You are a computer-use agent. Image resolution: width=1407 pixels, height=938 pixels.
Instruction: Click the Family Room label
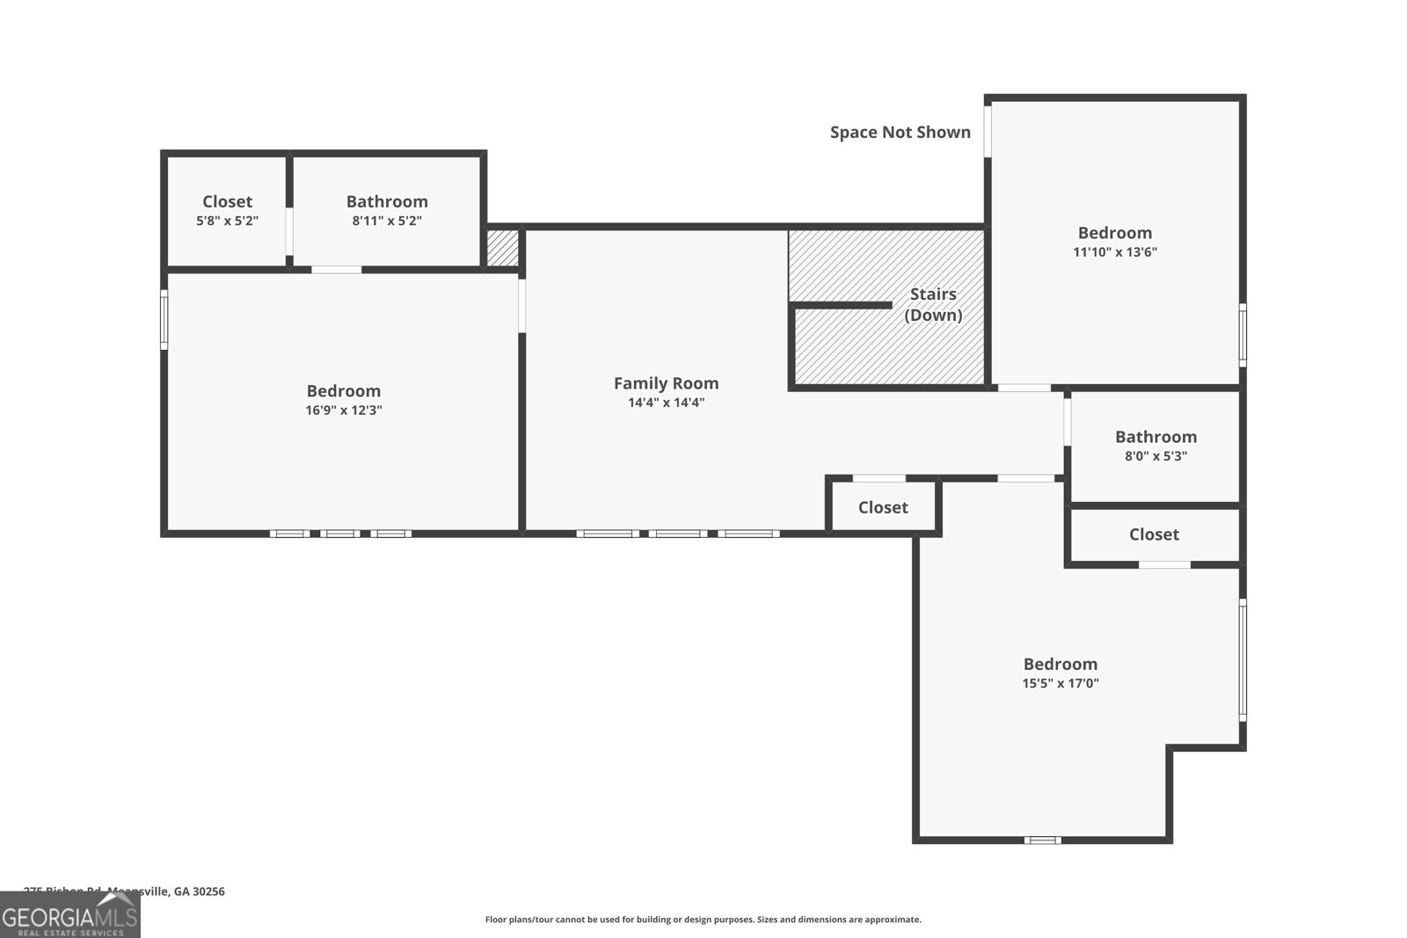666,383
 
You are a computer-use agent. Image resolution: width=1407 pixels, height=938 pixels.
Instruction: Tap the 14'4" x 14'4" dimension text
666,403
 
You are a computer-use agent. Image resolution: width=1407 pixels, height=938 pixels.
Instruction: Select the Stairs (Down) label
933,304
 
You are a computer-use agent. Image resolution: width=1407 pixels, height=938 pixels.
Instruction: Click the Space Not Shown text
900,132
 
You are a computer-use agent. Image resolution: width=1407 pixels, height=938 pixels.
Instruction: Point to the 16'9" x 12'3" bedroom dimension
343,410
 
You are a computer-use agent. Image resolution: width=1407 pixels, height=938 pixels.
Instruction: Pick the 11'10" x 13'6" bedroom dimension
1114,252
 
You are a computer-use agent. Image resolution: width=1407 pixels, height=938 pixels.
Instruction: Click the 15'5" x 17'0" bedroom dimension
1060,683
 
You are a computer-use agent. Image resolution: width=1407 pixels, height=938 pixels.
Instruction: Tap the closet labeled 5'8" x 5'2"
227,211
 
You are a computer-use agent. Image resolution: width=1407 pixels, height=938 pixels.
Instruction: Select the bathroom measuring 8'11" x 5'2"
387,211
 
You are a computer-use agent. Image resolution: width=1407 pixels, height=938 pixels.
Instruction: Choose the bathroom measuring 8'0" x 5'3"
1155,446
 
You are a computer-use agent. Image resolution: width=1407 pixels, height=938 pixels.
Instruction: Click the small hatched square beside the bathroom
503,249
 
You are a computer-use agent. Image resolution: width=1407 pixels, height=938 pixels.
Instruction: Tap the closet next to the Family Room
883,507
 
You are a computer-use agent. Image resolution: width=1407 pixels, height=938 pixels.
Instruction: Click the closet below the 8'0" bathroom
1154,534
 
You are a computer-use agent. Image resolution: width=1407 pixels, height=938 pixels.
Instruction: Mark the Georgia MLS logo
70,916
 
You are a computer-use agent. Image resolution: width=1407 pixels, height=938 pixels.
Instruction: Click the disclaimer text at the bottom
703,920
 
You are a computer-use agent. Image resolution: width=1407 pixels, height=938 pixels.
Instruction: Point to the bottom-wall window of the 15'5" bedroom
1042,840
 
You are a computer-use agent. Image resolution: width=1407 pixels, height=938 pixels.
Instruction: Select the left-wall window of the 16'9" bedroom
164,321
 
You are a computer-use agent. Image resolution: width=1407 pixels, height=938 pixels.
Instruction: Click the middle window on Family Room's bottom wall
678,533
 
